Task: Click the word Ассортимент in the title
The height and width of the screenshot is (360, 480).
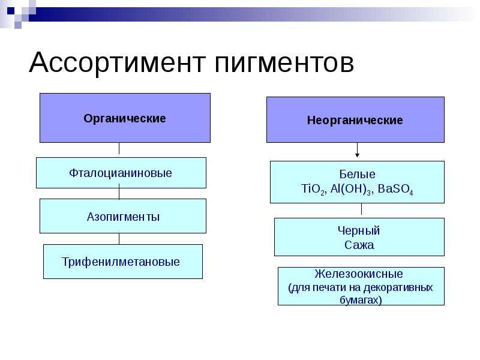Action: coord(117,62)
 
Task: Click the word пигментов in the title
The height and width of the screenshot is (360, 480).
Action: coord(284,64)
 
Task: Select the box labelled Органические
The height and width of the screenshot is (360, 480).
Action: coord(125,118)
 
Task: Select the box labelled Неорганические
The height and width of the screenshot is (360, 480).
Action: coord(355,119)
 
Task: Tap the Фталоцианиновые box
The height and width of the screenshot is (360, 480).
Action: coord(121,173)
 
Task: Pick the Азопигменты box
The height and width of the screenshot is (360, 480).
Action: coord(123,216)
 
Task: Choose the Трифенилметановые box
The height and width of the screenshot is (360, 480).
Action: coord(123,262)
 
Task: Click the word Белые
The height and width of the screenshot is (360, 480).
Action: coord(357,174)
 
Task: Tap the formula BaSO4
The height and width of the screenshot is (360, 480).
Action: coord(395,189)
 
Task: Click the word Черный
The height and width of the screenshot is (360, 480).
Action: coord(358,231)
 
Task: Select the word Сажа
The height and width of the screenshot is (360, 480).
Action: coord(359,245)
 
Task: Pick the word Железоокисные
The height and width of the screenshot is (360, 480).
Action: coord(358,274)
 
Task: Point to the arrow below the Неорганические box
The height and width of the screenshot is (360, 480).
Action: coord(357,150)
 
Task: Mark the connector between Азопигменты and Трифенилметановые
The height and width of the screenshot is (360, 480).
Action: coord(119,239)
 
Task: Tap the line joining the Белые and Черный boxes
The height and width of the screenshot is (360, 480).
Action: coord(362,209)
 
